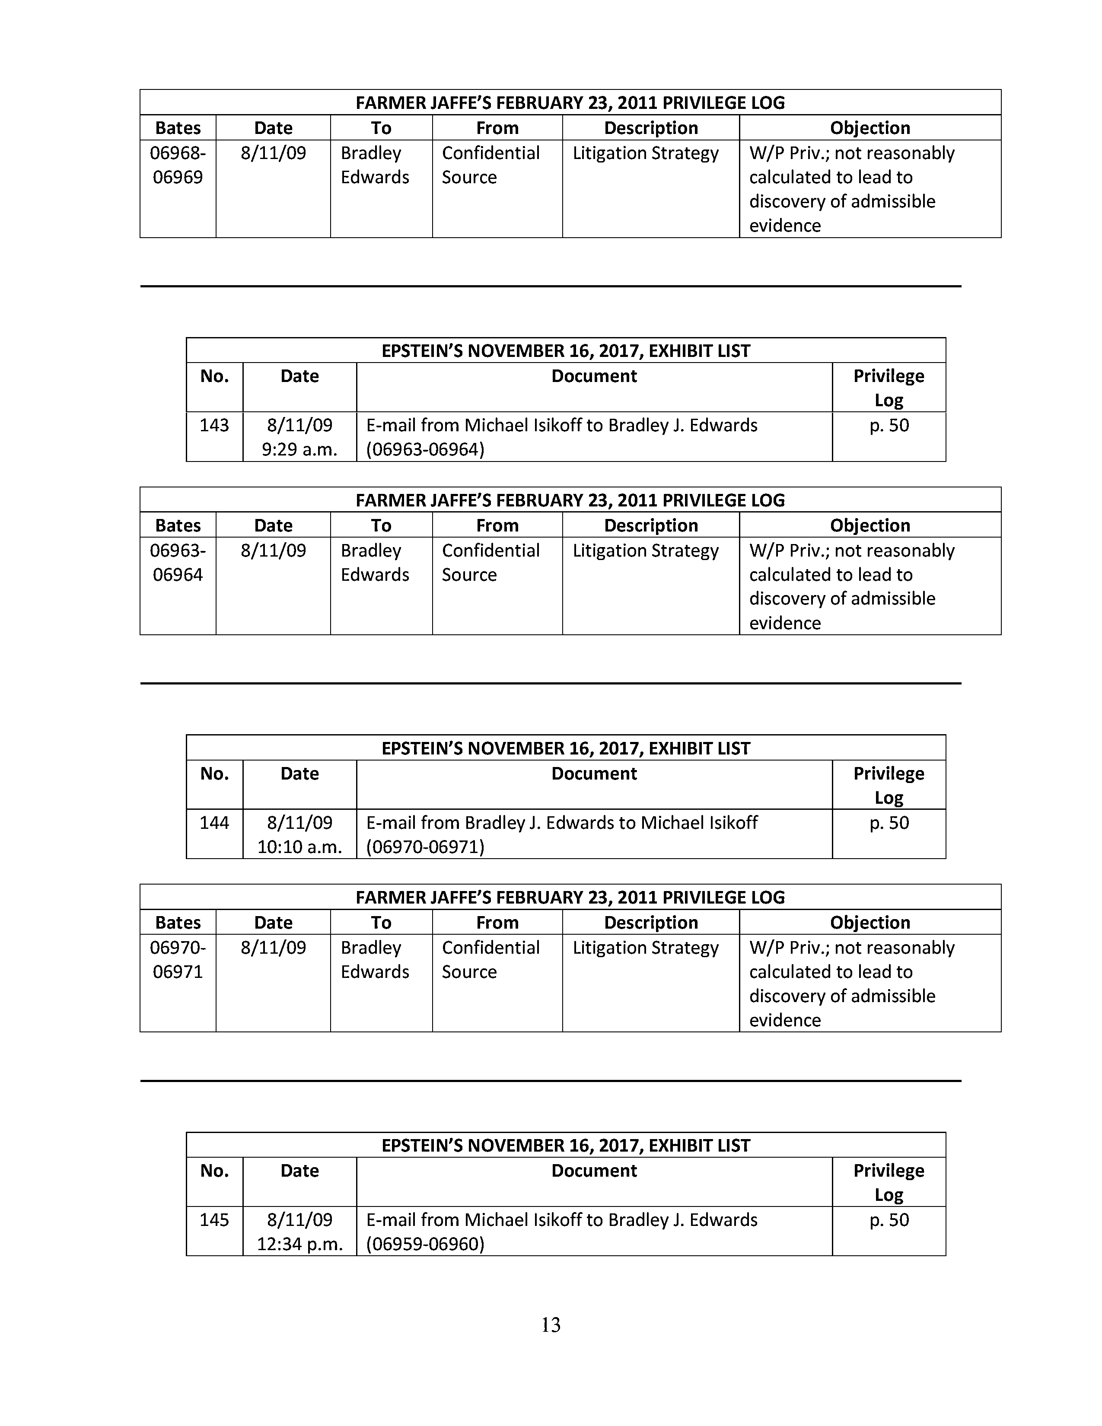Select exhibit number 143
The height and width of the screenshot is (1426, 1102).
click(x=214, y=425)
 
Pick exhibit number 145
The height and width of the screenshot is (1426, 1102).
click(x=214, y=1220)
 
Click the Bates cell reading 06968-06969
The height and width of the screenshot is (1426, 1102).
click(x=178, y=165)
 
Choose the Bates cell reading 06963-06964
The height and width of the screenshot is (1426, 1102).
click(x=178, y=562)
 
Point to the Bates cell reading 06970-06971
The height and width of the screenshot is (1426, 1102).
click(x=178, y=959)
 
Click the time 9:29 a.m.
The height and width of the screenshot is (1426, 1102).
click(x=299, y=450)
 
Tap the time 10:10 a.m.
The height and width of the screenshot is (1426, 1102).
click(x=299, y=847)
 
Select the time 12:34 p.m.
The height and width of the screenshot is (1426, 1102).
click(x=299, y=1244)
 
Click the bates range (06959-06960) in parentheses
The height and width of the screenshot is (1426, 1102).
click(x=425, y=1244)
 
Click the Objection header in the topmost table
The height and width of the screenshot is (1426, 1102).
click(x=869, y=128)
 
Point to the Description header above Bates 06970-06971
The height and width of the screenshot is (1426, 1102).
click(x=651, y=922)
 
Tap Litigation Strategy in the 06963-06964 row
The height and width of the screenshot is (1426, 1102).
click(x=646, y=551)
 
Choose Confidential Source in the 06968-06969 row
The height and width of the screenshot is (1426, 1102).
click(x=490, y=165)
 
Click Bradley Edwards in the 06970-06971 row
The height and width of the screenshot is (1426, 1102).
click(x=375, y=959)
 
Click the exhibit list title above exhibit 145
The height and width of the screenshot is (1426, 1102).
click(x=565, y=1145)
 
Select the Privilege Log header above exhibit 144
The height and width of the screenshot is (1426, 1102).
click(x=889, y=786)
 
